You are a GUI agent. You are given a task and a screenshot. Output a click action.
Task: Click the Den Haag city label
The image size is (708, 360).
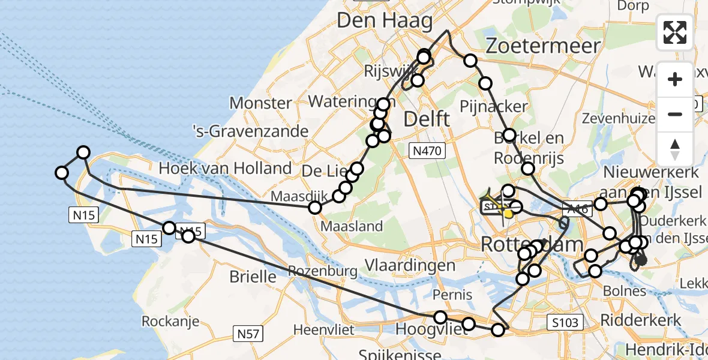point(384,22)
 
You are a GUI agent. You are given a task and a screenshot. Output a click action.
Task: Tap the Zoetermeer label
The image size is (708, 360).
point(543,46)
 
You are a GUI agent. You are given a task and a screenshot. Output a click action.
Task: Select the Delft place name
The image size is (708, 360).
point(427,118)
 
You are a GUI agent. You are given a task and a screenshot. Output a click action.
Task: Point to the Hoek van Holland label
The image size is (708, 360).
point(225,169)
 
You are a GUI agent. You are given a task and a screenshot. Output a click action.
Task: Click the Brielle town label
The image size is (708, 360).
point(253,277)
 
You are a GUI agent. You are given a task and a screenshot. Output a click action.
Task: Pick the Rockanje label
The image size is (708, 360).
point(170,321)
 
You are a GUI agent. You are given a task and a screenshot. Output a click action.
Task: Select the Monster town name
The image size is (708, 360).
point(260,103)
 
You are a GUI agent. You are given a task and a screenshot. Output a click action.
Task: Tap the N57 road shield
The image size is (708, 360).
point(248,333)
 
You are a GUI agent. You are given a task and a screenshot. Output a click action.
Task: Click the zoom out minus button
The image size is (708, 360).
point(675,114)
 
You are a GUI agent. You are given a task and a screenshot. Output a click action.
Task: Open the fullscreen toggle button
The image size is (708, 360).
point(675,32)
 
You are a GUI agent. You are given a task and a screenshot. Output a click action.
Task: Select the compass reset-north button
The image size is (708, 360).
point(675,149)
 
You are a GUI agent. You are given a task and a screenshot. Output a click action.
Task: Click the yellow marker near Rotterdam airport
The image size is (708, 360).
point(508,214)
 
